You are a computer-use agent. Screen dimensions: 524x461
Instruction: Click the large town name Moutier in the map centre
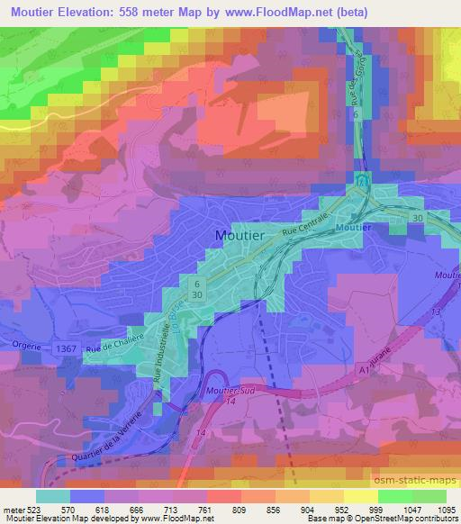[x=240, y=235]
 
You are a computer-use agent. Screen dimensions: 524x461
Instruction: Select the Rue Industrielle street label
[x=164, y=355]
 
